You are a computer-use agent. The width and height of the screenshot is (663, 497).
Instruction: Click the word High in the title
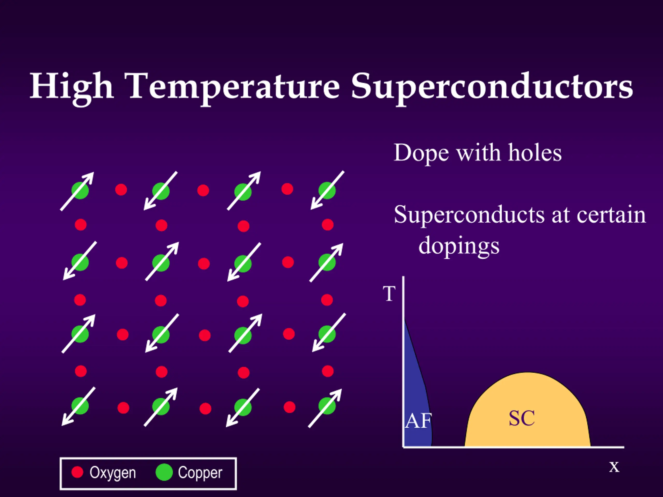coord(72,88)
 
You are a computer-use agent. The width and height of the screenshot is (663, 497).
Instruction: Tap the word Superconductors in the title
coord(492,88)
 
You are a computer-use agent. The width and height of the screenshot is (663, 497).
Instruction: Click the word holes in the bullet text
coord(535,153)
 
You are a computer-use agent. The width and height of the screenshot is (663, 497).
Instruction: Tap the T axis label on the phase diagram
coord(389,294)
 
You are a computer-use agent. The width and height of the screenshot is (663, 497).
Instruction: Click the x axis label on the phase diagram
coord(614,467)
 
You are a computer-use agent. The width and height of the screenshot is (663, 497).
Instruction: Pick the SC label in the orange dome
coord(522,418)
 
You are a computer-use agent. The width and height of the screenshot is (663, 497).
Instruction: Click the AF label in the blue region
coord(418,421)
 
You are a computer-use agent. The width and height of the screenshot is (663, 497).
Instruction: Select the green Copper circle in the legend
coord(164,472)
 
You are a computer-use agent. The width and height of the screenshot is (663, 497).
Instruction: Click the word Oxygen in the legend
coord(113,473)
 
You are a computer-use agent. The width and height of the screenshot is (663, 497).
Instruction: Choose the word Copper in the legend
coord(200,473)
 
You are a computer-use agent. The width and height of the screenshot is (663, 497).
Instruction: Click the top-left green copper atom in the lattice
coord(80,191)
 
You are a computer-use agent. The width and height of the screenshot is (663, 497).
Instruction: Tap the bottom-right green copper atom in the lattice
coord(327,406)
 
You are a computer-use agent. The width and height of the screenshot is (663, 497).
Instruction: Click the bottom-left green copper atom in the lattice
coord(80,406)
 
